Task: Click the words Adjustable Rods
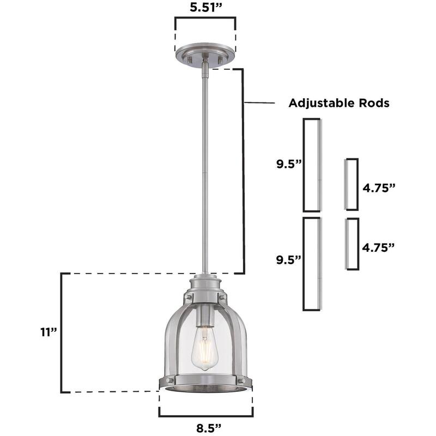point(338,103)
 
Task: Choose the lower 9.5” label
point(288,259)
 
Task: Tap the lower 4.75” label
point(378,247)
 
